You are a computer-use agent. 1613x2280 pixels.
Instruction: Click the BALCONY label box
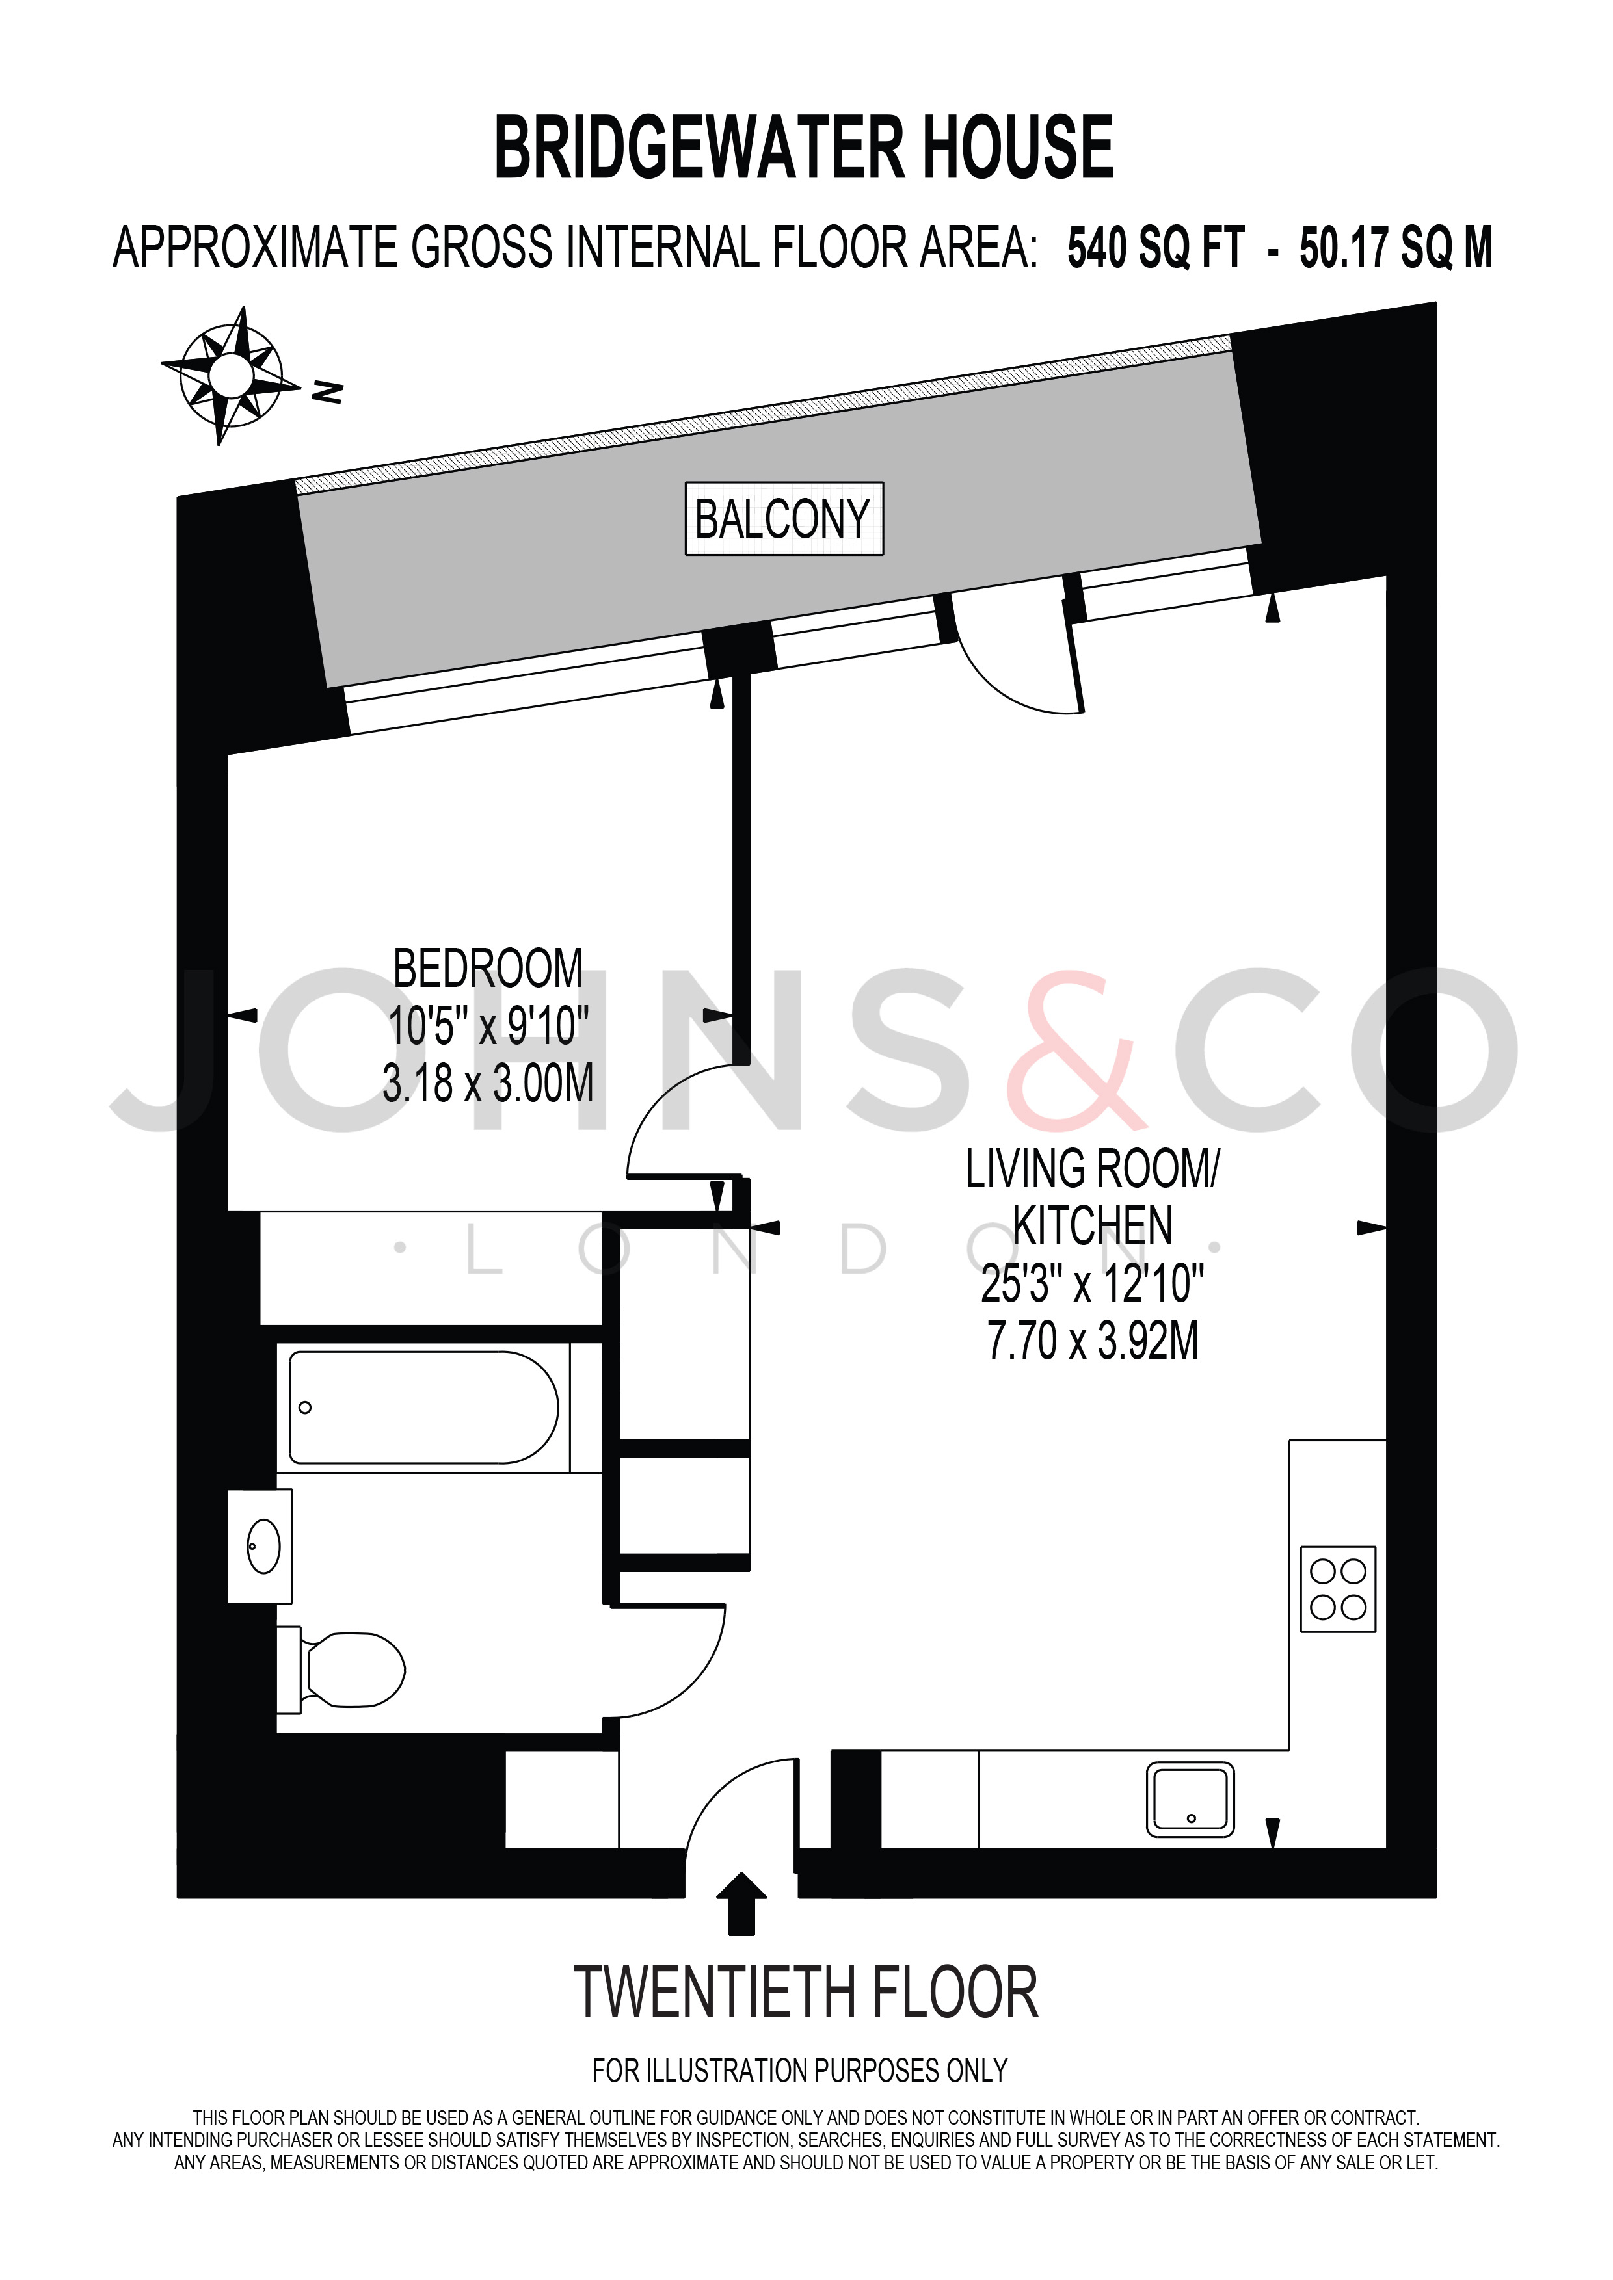[x=784, y=518]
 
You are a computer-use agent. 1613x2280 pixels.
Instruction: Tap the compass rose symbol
[x=232, y=374]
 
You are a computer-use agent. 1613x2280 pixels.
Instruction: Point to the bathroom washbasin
[x=260, y=1546]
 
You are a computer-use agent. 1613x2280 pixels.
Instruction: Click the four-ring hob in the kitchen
[x=1338, y=1589]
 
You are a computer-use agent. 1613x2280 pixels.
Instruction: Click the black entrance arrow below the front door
[x=741, y=1904]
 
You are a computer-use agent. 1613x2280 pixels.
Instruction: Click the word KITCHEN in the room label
[x=1093, y=1225]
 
